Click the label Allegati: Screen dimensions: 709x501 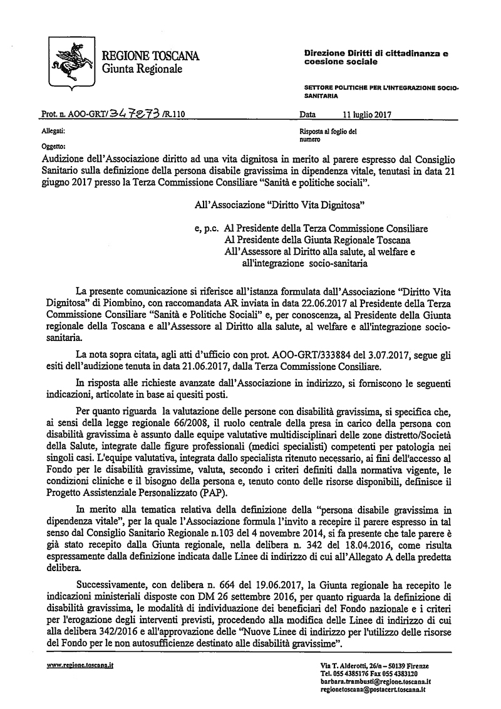53,133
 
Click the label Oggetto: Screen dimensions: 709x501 53,146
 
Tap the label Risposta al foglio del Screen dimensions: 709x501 329,133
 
